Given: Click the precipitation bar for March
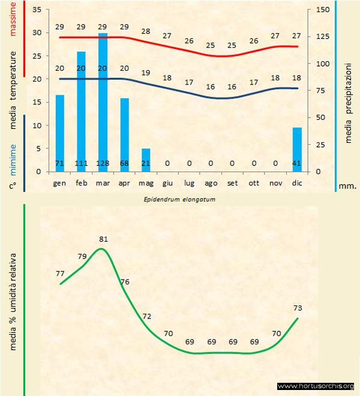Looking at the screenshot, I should (x=103, y=102).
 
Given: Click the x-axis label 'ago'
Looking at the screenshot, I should (x=211, y=182).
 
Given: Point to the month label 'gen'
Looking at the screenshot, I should (x=59, y=182).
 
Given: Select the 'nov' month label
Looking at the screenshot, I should (x=275, y=182).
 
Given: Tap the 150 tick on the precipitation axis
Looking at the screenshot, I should (x=322, y=10).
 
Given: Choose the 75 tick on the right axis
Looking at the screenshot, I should (x=322, y=91).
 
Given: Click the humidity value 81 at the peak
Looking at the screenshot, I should (x=103, y=239).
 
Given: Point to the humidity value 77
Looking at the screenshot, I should (x=60, y=273).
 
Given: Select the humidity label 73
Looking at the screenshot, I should (x=298, y=308).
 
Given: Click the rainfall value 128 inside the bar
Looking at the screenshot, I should (x=103, y=163).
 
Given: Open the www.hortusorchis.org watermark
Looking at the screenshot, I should (x=316, y=386).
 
